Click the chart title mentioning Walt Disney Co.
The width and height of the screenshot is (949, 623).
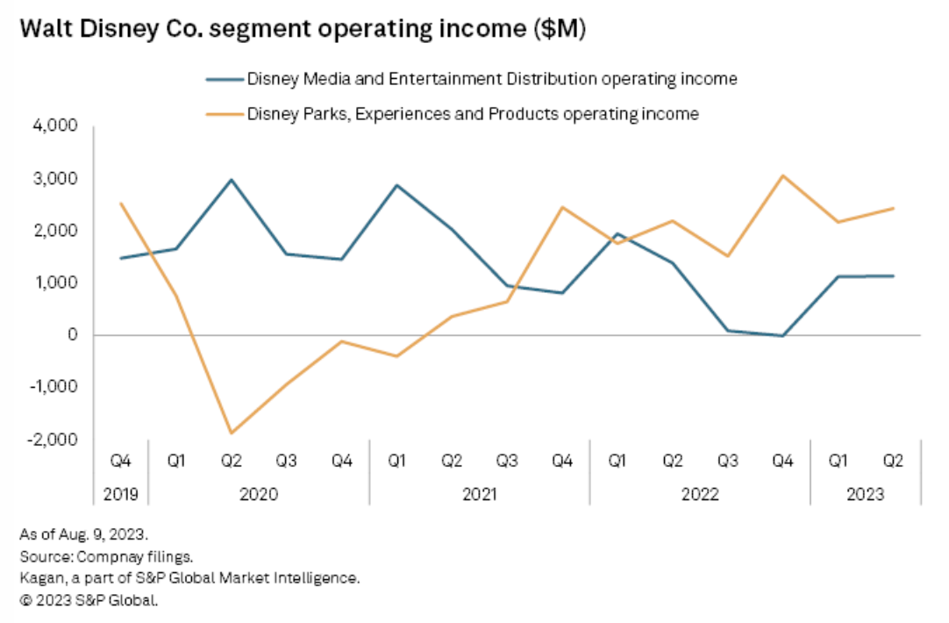coord(303,30)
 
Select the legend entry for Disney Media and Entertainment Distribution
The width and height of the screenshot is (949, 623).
coord(491,79)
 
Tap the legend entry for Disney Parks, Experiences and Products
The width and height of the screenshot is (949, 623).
coord(473,113)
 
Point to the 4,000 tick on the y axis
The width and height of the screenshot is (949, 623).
coord(59,126)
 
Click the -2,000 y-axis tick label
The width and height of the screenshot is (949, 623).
coord(56,439)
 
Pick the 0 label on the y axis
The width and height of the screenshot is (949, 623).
coord(73,335)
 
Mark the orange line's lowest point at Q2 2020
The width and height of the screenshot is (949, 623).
coord(232,433)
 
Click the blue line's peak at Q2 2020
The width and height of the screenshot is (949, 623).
coord(232,180)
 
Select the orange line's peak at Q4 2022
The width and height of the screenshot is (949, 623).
coord(783,175)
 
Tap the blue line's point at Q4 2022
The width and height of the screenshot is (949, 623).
coord(783,336)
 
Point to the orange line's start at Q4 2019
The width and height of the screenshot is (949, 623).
coord(121,204)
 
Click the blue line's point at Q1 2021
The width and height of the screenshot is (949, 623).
coord(396,185)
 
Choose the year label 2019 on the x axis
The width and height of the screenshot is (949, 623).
coord(121,494)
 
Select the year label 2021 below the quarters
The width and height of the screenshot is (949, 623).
coord(479,494)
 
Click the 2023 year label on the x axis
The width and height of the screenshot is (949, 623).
coord(866,494)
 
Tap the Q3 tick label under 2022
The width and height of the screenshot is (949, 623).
coord(728,460)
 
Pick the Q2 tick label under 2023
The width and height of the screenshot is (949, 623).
coord(893,460)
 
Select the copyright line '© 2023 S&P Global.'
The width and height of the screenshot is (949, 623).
coord(88,600)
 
